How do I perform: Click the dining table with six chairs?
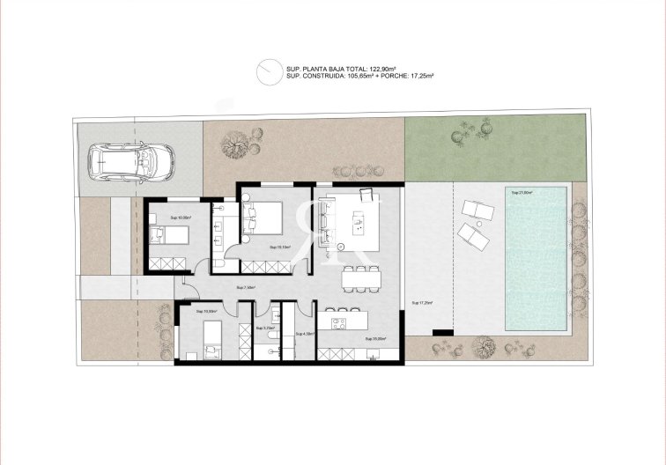pos(361,277)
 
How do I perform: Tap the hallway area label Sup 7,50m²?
pos(246,287)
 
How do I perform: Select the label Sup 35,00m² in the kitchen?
pos(376,337)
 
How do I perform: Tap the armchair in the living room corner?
pos(366,193)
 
